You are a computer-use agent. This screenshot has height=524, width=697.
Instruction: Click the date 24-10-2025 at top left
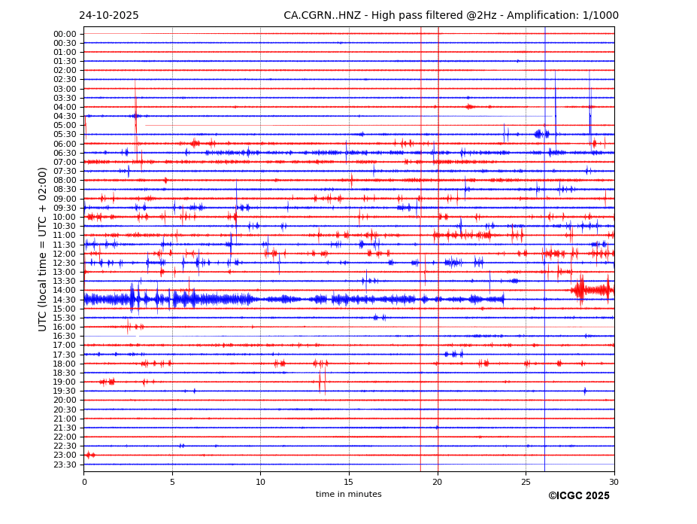pos(108,16)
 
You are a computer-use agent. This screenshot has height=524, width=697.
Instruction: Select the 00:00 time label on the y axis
pos(65,34)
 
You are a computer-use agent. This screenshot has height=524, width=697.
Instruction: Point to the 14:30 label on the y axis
pos(65,300)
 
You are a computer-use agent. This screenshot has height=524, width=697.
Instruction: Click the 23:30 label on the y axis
pos(65,465)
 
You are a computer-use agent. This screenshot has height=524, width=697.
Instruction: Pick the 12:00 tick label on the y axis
pos(65,254)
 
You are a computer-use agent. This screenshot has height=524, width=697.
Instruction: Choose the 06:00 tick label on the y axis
pos(65,144)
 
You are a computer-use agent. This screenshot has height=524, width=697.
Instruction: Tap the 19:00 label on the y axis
pos(65,382)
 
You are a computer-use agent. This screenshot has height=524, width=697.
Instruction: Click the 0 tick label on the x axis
pos(84,482)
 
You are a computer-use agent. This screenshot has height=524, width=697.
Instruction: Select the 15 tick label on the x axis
pos(349,482)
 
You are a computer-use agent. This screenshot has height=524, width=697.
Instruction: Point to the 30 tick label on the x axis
pos(614,482)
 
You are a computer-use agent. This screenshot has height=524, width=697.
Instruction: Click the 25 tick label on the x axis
pos(526,482)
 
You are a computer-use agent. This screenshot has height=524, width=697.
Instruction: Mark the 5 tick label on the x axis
pos(172,482)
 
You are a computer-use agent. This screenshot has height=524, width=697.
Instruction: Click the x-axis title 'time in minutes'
pos(348,494)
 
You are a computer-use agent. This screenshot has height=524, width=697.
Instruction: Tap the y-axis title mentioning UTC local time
pos(43,249)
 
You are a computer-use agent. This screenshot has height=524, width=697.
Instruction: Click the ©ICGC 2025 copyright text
pos(578,496)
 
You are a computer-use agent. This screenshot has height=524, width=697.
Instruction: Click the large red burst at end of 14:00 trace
pos(592,290)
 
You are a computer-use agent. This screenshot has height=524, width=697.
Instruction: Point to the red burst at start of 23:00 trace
pos(89,455)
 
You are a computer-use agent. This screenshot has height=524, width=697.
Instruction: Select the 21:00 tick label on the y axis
pos(65,419)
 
